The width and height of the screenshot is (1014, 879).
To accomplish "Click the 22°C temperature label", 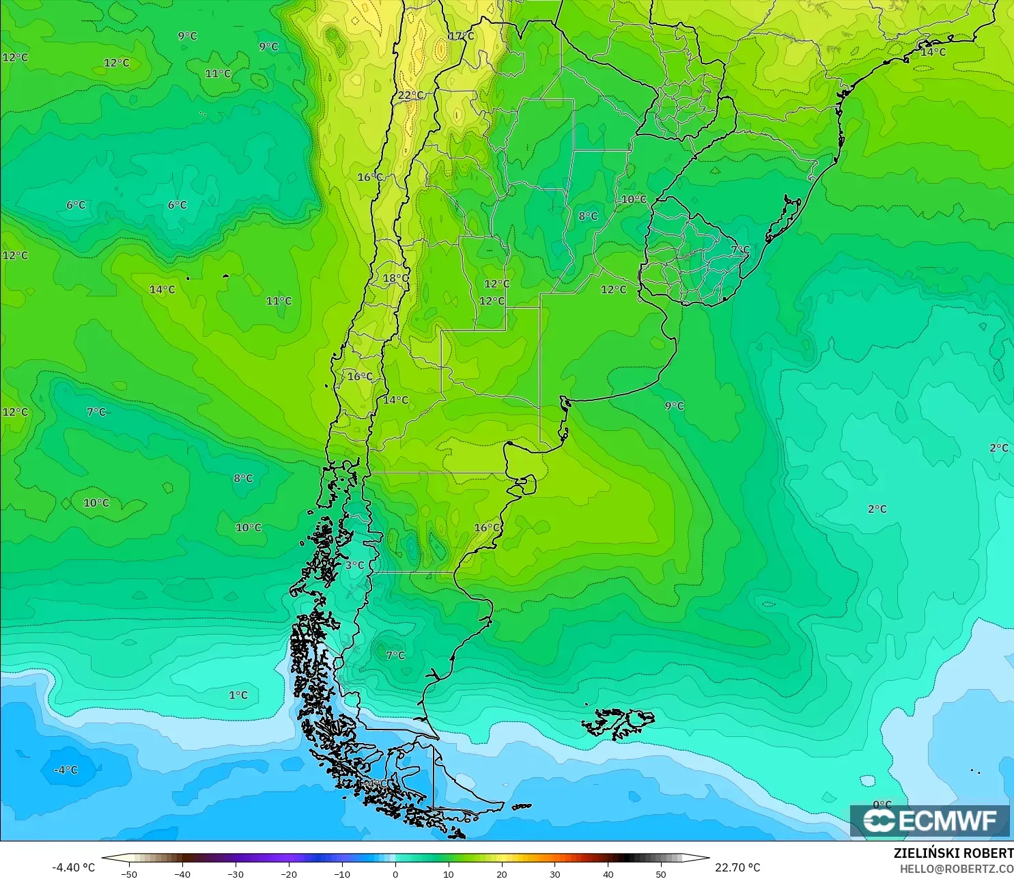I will point(411,96).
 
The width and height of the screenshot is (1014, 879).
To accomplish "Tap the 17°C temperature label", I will point(461,36).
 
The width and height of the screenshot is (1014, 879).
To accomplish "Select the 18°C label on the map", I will point(395,279).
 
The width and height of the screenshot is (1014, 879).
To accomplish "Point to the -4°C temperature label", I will point(66,770).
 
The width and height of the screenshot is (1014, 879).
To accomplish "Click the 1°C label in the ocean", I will point(238,695).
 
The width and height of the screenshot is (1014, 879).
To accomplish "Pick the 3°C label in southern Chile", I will point(354,566).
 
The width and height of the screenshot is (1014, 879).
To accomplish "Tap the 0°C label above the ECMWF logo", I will point(882,805).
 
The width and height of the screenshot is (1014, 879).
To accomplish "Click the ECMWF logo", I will point(929,820).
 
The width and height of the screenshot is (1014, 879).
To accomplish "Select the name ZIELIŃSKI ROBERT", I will point(953,853).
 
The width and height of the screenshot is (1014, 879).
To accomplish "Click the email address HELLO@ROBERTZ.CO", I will point(956,869).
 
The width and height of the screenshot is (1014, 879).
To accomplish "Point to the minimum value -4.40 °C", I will point(74,867).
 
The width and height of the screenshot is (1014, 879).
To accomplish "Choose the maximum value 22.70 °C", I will point(737,867).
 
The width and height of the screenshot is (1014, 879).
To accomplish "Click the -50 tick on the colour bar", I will point(128,874).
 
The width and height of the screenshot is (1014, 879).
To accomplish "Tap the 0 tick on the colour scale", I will point(395,874).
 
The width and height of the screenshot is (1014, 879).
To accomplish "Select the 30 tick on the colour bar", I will point(554,874).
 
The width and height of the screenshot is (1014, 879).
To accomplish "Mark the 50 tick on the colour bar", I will point(661,874).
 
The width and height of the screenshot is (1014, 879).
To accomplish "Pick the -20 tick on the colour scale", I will point(288,874).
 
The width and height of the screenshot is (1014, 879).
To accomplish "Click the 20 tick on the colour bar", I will point(501,874).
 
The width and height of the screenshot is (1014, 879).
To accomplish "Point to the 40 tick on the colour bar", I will point(608,874).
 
